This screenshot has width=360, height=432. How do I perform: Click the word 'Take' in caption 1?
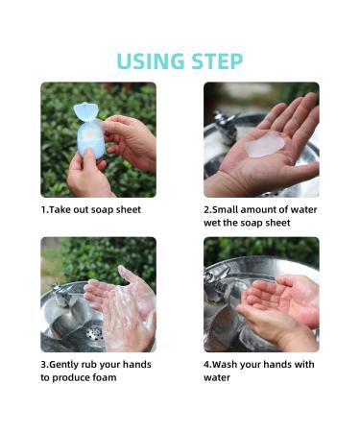(60, 209)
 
